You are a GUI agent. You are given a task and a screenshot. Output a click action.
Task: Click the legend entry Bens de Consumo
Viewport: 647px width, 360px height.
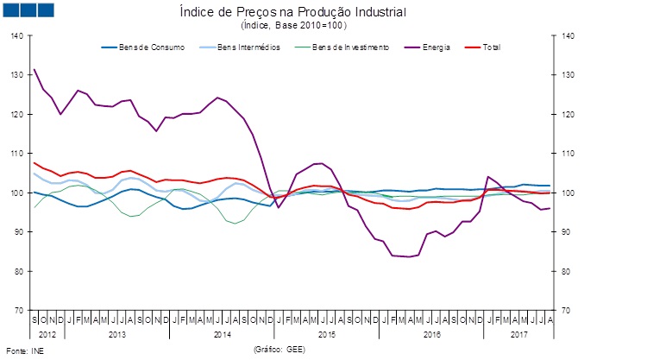tap(154, 47)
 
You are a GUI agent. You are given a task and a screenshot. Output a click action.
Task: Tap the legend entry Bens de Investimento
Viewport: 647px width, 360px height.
tap(350, 47)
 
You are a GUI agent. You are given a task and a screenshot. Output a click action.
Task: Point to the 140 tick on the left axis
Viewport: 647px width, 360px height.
tap(18, 35)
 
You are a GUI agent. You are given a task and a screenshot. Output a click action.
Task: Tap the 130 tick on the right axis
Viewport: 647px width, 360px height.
tap(568, 75)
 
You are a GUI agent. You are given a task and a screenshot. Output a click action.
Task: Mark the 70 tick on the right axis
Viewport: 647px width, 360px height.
tap(566, 310)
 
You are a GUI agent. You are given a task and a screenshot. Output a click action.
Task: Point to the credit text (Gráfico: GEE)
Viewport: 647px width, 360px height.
tap(280, 350)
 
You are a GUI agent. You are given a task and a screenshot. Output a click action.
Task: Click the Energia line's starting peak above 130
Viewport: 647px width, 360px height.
tap(35, 69)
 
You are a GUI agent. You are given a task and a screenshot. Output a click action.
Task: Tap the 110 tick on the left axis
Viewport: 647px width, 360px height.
tap(18, 153)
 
